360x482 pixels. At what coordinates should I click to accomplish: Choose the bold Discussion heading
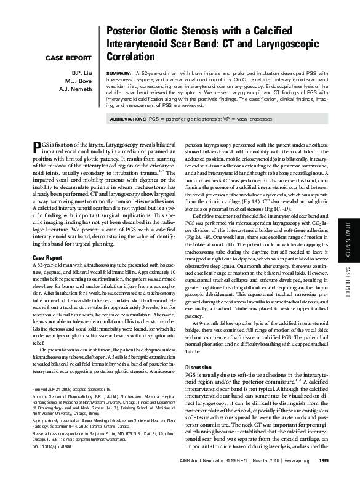click(x=201, y=366)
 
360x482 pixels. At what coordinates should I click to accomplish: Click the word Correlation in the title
click(x=131, y=57)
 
